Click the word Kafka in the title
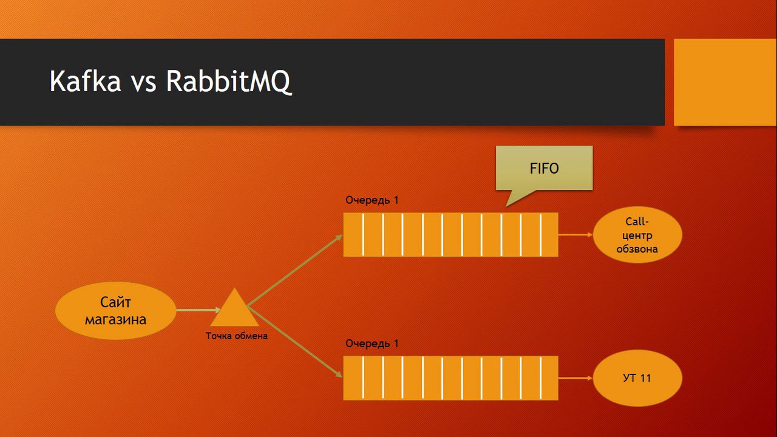coord(85,81)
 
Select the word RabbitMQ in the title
coord(229,81)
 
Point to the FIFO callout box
coord(544,168)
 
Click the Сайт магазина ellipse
coord(115,310)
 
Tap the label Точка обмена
coord(236,336)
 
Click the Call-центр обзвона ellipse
coord(637,235)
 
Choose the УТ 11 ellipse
coord(637,378)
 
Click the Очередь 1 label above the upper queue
coord(372,200)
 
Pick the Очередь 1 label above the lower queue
coord(372,344)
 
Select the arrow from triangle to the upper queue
coord(296,270)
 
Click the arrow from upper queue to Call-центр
coord(575,235)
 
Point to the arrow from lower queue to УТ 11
coord(575,378)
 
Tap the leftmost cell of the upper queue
coord(353,235)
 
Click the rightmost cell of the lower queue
coord(549,378)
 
